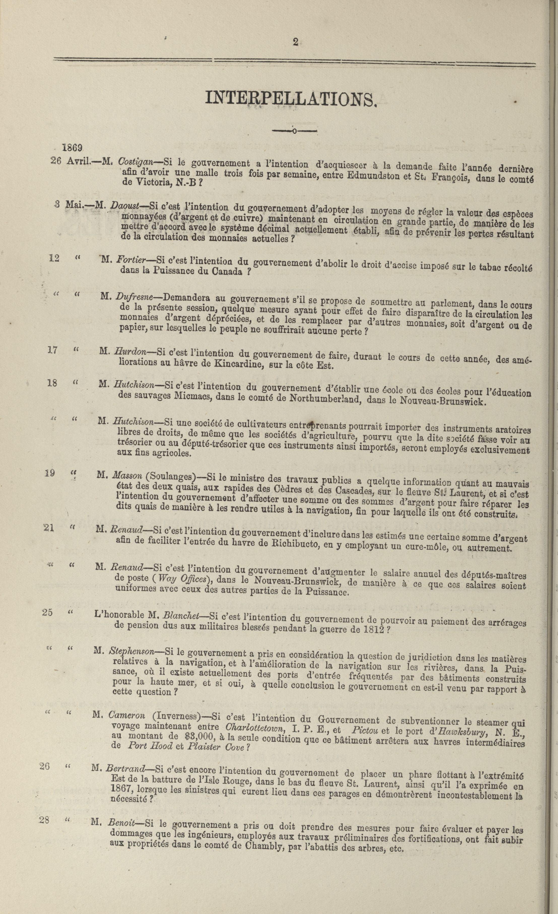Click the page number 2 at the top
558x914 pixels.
295,42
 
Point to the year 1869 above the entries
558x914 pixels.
72,148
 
